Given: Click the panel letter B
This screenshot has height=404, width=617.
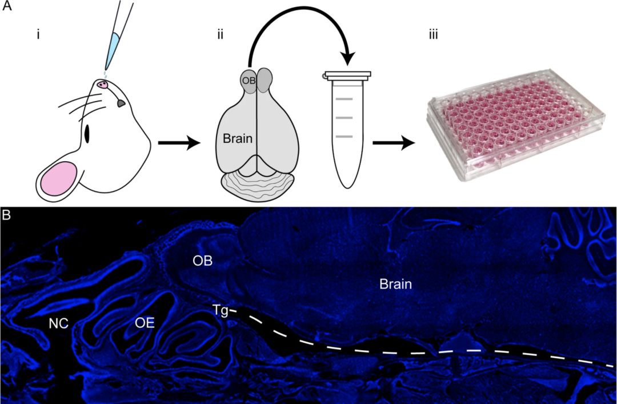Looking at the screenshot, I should pyautogui.click(x=6, y=215).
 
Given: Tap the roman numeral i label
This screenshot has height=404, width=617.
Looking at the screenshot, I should pyautogui.click(x=38, y=35).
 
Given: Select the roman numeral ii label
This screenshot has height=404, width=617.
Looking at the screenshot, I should pyautogui.click(x=220, y=35).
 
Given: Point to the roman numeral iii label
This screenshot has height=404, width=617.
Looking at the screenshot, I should pyautogui.click(x=434, y=35).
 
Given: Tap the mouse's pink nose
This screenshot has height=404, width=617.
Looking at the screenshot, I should pyautogui.click(x=103, y=85).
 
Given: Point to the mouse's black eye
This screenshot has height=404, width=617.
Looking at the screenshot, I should pyautogui.click(x=88, y=134).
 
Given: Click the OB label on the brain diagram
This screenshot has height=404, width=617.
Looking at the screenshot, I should pyautogui.click(x=249, y=80).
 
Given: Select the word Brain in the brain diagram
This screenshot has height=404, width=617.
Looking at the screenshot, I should pyautogui.click(x=238, y=138).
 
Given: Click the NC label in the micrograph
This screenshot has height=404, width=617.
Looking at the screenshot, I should pyautogui.click(x=58, y=323).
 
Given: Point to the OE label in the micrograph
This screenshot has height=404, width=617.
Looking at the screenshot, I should pyautogui.click(x=145, y=323).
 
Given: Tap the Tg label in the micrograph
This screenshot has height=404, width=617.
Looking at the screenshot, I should pyautogui.click(x=220, y=310).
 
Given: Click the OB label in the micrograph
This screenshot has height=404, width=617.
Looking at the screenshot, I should pyautogui.click(x=203, y=261).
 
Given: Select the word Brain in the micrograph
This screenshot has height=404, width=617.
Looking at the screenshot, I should pyautogui.click(x=396, y=284).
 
